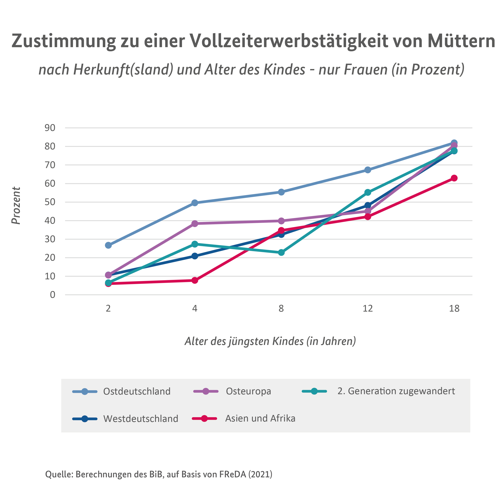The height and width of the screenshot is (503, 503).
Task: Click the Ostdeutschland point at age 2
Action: [108, 245]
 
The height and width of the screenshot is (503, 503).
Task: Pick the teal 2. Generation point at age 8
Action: [281, 253]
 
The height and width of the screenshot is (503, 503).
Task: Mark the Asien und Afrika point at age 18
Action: [454, 178]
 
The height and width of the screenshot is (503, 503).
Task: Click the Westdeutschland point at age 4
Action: [195, 256]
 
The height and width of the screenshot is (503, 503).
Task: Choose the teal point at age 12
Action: [368, 192]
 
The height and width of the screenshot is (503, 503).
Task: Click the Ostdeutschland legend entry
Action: [137, 391]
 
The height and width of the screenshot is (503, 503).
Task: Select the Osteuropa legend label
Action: [248, 391]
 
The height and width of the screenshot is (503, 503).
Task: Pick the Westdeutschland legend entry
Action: [141, 419]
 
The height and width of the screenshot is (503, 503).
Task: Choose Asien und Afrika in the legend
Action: [260, 418]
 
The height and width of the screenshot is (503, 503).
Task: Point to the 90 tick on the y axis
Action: [50, 128]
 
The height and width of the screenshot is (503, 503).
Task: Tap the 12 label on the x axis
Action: [368, 309]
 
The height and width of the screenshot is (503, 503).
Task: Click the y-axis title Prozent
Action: [16, 206]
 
